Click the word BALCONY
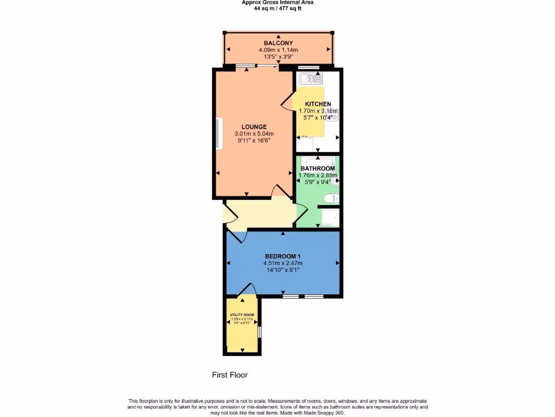278,43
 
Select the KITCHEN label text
318,104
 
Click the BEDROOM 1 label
282,256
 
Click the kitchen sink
308,79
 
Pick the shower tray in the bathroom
330,217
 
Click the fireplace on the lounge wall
218,134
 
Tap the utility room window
260,331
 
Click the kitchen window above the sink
308,68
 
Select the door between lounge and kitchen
287,103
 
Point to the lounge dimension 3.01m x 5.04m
254,134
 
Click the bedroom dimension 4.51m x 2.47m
282,263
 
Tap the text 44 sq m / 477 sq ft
277,8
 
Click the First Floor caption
229,375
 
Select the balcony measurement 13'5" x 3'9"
278,56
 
